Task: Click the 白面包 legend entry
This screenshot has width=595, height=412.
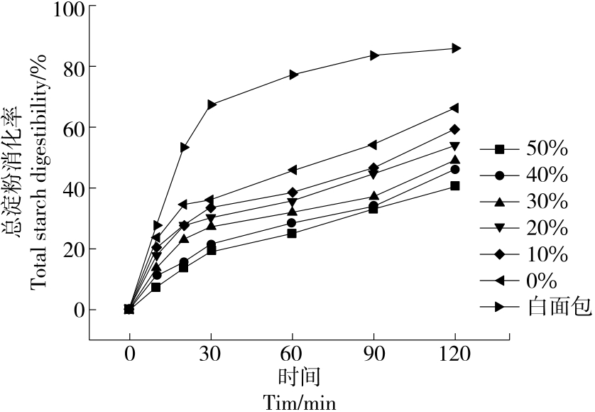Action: click(x=550, y=307)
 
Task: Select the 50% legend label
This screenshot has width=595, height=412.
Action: click(x=547, y=149)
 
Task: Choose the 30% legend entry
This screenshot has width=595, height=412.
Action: click(x=547, y=202)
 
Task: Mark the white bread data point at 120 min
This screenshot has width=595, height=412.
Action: click(x=455, y=48)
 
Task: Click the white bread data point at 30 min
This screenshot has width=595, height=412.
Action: click(x=211, y=104)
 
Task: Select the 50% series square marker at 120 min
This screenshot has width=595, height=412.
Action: click(x=455, y=186)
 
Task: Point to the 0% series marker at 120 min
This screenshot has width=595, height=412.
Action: click(x=454, y=108)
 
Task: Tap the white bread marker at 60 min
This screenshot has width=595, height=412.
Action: click(x=293, y=75)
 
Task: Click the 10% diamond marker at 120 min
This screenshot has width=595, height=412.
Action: click(x=455, y=129)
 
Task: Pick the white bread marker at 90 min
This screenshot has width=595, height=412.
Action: click(x=373, y=55)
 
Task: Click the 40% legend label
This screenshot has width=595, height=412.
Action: click(x=547, y=175)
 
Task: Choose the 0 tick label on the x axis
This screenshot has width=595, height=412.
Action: click(x=129, y=353)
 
